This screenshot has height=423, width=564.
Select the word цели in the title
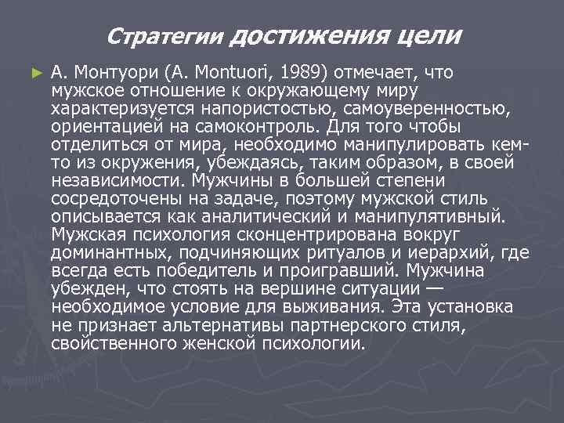coord(430,35)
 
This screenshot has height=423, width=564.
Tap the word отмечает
coord(379,73)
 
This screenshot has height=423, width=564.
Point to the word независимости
coord(114,181)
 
